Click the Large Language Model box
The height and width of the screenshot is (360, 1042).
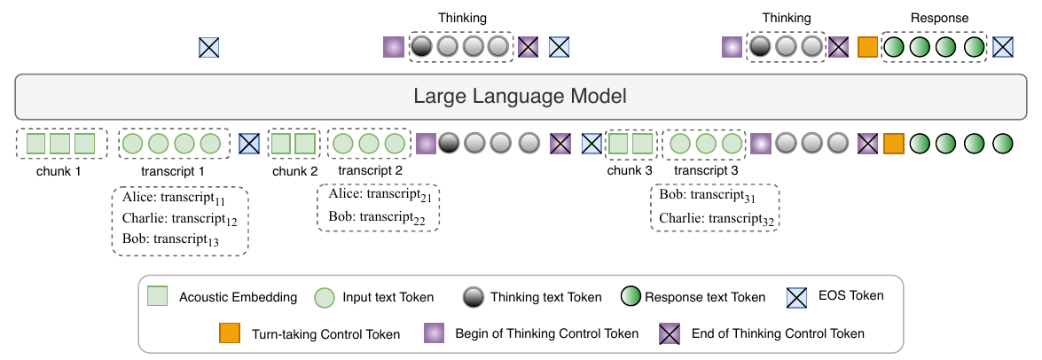coord(521,97)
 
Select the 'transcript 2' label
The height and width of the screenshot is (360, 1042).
coord(370,171)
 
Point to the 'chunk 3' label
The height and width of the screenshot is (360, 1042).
coord(630,171)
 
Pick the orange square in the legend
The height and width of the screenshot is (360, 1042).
coord(230,333)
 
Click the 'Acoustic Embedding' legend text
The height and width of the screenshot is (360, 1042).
coord(238,297)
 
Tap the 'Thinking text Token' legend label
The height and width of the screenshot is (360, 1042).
coord(545,297)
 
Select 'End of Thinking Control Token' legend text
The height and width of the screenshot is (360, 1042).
coord(778,333)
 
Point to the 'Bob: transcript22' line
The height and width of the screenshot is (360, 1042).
coord(377,217)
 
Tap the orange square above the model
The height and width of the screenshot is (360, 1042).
coord(868,47)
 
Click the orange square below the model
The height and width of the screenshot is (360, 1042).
coord(893,143)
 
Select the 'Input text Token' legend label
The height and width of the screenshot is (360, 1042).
coord(388,297)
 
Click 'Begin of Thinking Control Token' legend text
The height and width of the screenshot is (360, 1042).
coord(547,333)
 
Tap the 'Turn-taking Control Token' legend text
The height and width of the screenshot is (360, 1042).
coord(325,333)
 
